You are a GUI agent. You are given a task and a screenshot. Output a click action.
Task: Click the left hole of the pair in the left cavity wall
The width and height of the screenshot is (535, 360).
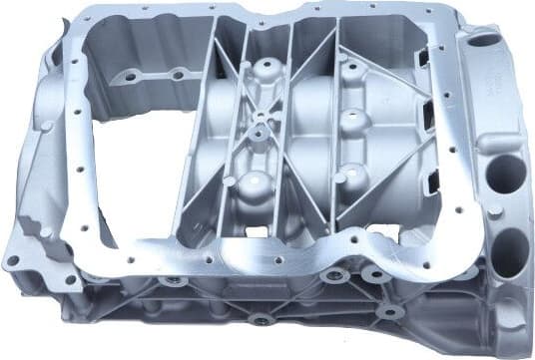(x=131, y=74)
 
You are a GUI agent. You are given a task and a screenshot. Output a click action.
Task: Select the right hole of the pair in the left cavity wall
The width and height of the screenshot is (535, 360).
(x=178, y=74)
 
